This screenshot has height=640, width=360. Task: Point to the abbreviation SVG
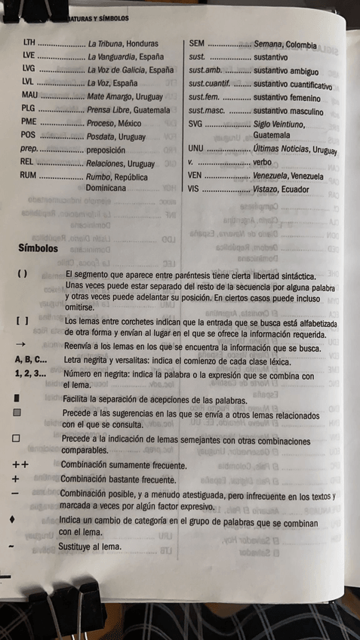[196, 123]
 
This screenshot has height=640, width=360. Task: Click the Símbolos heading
[37, 248]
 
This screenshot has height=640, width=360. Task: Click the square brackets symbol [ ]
[22, 321]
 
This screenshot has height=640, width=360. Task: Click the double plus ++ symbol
[20, 465]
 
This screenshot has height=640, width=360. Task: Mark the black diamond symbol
[11, 520]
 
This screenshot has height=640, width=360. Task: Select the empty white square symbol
[16, 438]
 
